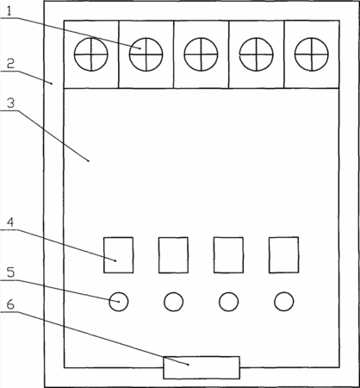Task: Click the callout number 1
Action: coord(9,11)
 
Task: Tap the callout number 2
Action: coord(10,64)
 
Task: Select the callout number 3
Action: coord(10,103)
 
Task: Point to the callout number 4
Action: coord(10,222)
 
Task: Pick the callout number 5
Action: coord(10,272)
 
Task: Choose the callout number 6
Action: coord(10,304)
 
